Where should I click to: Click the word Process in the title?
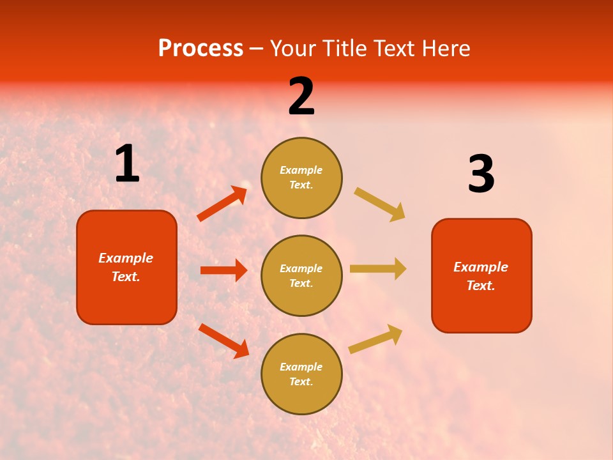201,49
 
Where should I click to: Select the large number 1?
127,164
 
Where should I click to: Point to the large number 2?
301,96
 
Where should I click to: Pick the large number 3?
481,174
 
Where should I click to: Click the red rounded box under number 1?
126,267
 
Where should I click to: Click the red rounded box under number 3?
481,275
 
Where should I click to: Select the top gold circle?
301,178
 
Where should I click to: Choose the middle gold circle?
301,275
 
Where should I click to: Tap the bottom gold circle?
301,374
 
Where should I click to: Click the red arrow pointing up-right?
222,203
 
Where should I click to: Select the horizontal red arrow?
223,270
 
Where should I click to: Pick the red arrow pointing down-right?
223,341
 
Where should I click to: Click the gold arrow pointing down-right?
380,204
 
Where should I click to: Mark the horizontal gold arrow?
377,268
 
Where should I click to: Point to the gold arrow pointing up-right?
375,339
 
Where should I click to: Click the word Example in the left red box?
126,258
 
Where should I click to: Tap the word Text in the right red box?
480,286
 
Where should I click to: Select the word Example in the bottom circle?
301,367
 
